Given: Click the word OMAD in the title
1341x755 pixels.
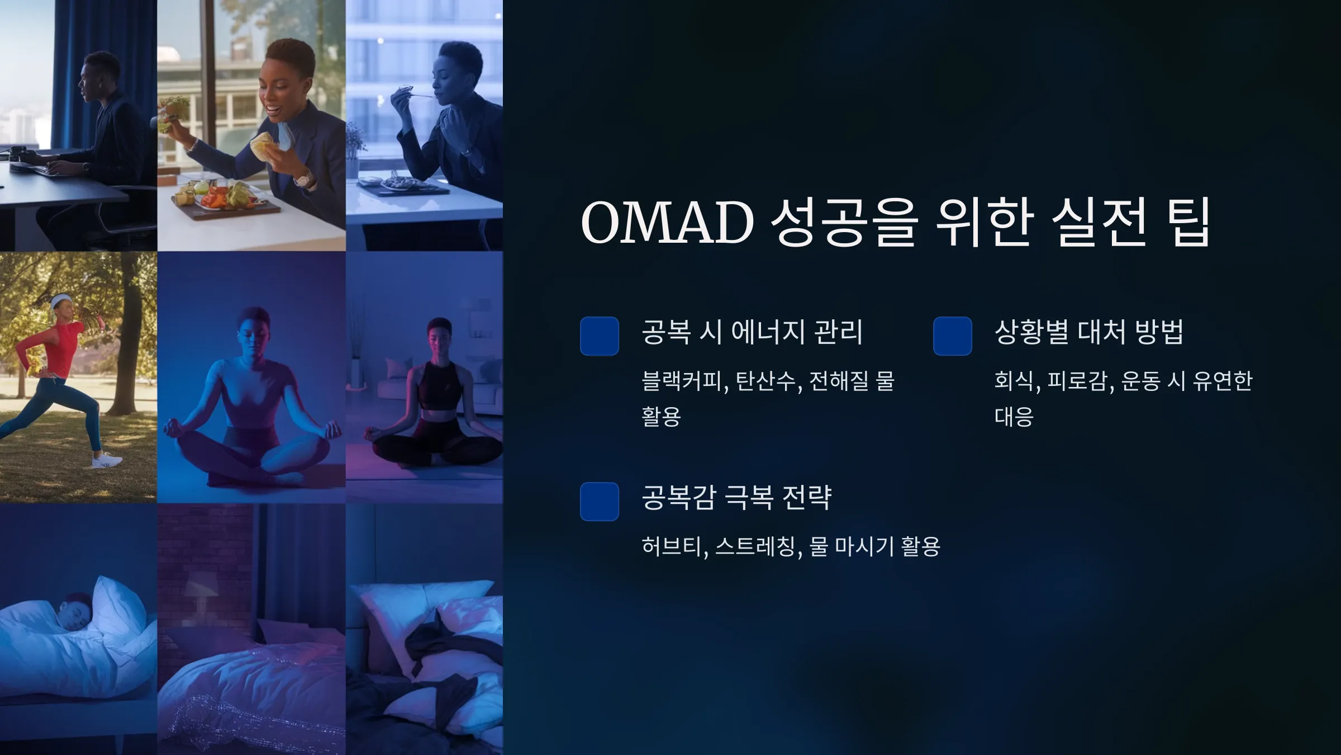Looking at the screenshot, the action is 668,222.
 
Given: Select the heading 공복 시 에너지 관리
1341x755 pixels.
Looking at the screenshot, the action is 752,332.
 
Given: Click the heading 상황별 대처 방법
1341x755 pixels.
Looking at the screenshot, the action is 1089,332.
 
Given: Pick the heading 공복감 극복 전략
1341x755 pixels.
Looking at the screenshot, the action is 737,497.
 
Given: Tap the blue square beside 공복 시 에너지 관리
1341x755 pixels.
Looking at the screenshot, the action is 600,336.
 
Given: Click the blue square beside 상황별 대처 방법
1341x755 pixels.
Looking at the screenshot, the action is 953,336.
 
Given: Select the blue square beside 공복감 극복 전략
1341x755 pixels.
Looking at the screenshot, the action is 600,502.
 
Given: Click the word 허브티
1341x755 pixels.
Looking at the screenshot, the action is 673,546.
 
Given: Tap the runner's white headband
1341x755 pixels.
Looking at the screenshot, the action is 58,303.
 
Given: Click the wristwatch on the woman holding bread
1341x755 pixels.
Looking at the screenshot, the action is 304,180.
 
